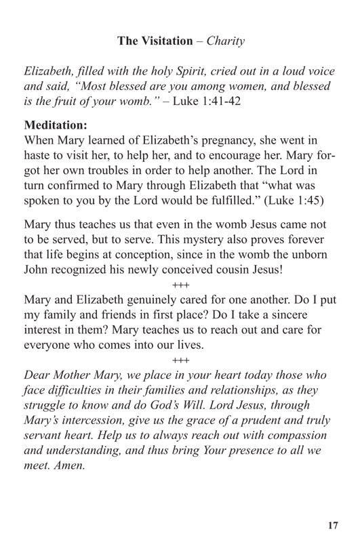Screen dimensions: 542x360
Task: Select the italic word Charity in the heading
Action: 225,41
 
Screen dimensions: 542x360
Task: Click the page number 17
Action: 332,525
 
